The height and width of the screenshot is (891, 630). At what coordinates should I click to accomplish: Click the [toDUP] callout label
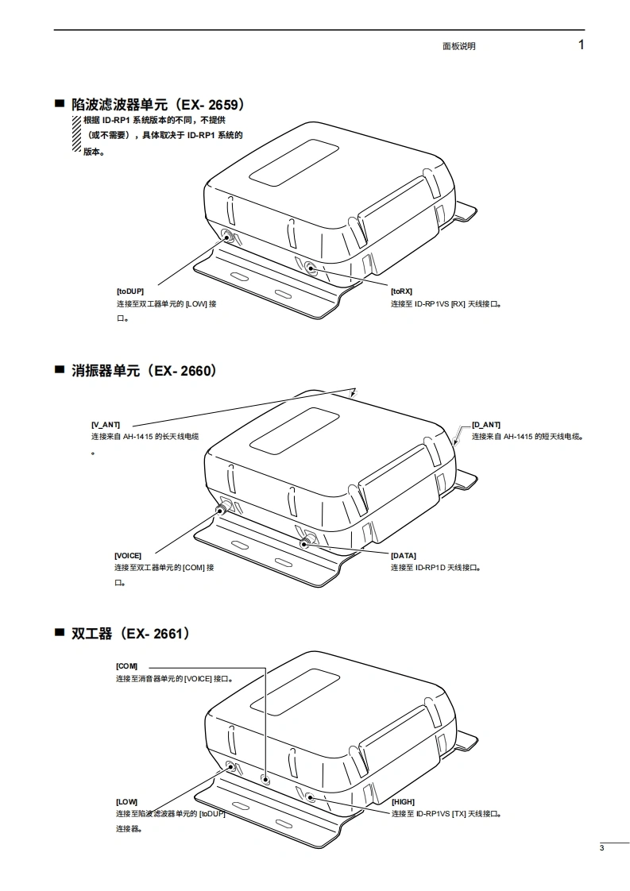click(x=130, y=291)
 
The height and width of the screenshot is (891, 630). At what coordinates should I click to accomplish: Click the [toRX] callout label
click(x=401, y=291)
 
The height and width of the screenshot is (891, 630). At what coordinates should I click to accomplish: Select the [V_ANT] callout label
click(x=106, y=425)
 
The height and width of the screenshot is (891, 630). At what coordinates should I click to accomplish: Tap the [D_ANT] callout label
click(x=486, y=425)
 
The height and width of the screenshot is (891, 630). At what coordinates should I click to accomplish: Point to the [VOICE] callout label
click(x=128, y=556)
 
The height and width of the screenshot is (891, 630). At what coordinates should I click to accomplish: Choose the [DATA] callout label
click(x=403, y=556)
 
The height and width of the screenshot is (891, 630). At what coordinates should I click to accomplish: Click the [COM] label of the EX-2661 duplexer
click(x=126, y=666)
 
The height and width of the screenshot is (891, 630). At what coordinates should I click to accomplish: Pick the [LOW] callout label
click(x=126, y=802)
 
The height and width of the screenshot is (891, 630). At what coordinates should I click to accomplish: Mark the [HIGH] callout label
click(x=403, y=802)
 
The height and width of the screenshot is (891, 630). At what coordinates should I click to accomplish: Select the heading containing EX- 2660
click(x=144, y=371)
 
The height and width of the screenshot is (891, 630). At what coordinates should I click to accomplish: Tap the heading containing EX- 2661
click(x=130, y=634)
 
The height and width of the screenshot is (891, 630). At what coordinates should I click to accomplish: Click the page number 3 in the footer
click(x=602, y=849)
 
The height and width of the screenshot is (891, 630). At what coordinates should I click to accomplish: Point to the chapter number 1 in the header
click(x=582, y=44)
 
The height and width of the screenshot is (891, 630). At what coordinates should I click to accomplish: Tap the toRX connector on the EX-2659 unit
click(x=310, y=269)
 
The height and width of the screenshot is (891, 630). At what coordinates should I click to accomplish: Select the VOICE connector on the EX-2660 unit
click(x=221, y=507)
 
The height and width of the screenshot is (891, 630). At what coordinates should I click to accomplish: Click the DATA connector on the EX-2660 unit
click(x=305, y=543)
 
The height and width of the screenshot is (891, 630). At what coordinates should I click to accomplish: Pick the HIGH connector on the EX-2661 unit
click(x=310, y=798)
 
